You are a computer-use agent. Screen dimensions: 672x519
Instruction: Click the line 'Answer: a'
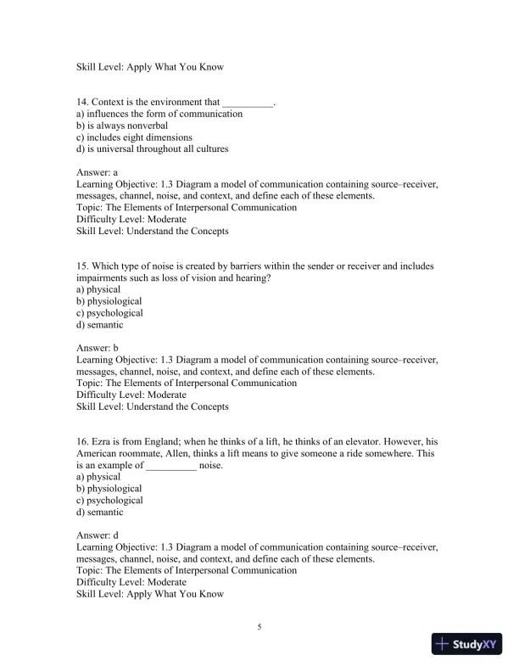pyautogui.click(x=103, y=171)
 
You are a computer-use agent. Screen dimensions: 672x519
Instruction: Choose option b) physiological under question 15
pyautogui.click(x=109, y=301)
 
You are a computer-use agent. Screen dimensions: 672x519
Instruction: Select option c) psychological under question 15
pyautogui.click(x=109, y=313)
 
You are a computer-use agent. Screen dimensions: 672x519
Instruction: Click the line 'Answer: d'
pyautogui.click(x=103, y=536)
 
